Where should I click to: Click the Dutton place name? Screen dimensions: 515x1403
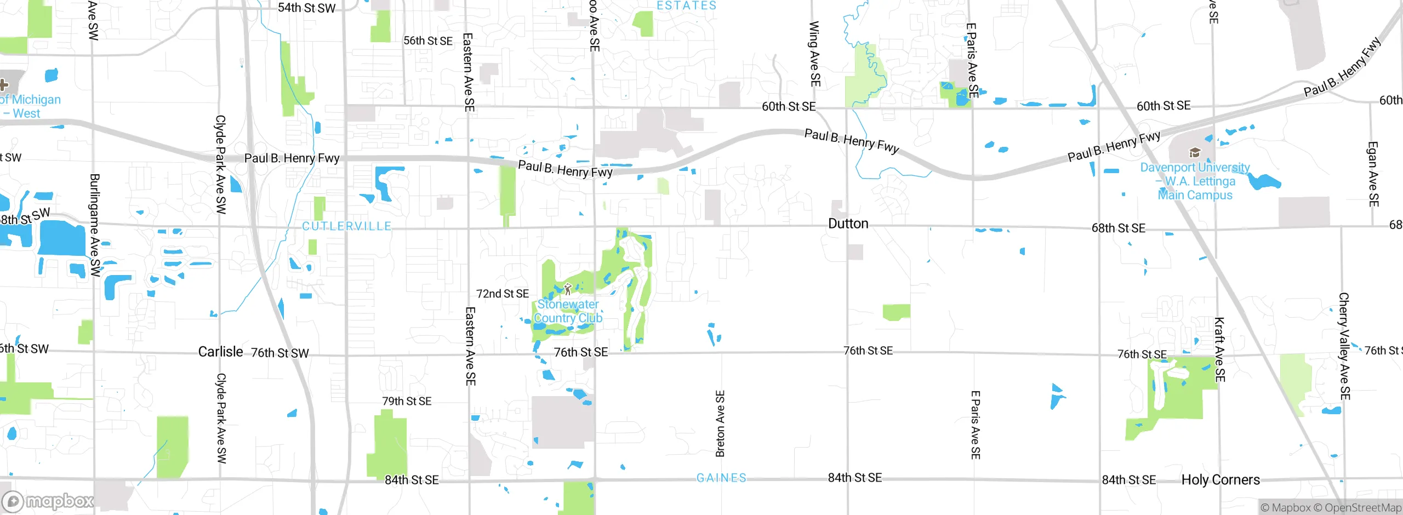[848, 224]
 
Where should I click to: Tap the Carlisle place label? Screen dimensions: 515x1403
[220, 352]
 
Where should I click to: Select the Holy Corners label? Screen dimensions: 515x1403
[1221, 480]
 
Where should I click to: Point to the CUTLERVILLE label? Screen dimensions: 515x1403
[347, 226]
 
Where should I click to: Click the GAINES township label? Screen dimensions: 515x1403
[721, 478]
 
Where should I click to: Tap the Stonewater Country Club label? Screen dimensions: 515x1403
[568, 311]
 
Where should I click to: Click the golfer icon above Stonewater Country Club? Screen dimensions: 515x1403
[568, 289]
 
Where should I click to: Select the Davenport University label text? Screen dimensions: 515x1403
[1195, 181]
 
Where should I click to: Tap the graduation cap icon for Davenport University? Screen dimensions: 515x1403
[1195, 152]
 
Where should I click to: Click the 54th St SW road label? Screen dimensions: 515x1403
[306, 8]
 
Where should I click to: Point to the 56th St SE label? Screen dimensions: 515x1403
[428, 41]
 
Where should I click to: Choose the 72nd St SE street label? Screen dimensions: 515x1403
[503, 294]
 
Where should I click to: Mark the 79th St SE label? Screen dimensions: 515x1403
[407, 402]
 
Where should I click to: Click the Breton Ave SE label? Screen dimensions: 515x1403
[720, 424]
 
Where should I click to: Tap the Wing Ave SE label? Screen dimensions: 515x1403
[815, 54]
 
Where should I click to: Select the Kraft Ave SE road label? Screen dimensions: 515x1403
[1219, 350]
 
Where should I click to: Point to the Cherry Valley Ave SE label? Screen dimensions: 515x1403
[1344, 346]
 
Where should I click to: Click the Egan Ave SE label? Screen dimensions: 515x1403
[1373, 174]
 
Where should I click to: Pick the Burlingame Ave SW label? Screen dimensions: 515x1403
[95, 225]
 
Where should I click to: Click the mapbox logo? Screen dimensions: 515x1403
[48, 501]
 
